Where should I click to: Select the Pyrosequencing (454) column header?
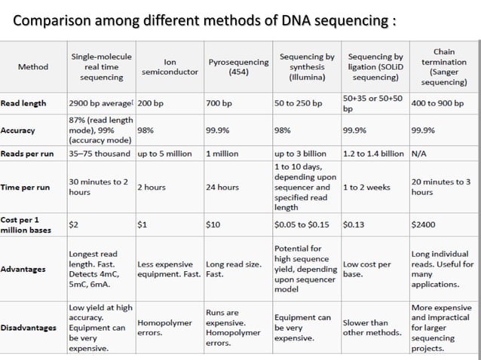coord(237,66)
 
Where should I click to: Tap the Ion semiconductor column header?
coord(170,66)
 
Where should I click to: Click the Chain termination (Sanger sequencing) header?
coord(444,66)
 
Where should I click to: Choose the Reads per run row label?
coord(27,153)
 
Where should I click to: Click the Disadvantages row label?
coord(29,328)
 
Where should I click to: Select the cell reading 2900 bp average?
coord(100,102)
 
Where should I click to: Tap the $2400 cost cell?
coord(423,224)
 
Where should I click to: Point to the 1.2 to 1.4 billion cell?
coord(374,153)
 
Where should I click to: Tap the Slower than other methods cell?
coord(366,328)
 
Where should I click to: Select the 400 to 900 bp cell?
coord(437,102)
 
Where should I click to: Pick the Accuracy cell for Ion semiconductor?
coord(146,130)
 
